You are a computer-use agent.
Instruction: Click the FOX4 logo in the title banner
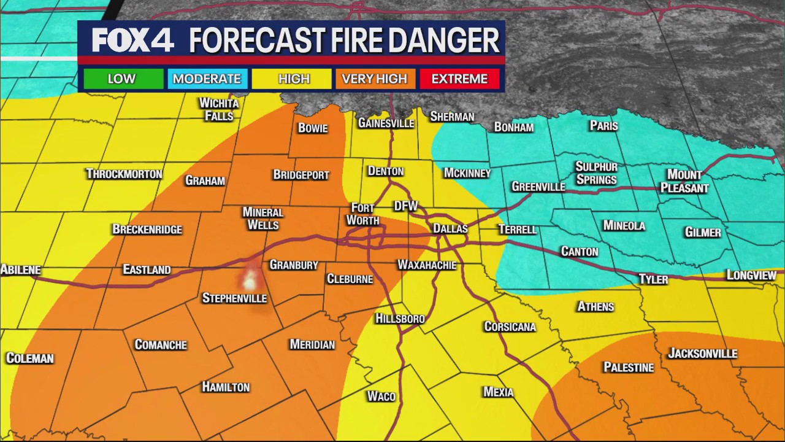pyautogui.click(x=132, y=41)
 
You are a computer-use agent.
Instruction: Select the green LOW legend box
pyautogui.click(x=121, y=79)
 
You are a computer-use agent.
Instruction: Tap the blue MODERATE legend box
pyautogui.click(x=207, y=79)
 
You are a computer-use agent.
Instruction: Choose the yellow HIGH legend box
pyautogui.click(x=294, y=79)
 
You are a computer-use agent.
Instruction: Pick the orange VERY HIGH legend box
pyautogui.click(x=374, y=79)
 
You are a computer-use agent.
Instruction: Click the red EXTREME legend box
pyautogui.click(x=459, y=79)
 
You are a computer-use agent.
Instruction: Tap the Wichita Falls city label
pyautogui.click(x=219, y=109)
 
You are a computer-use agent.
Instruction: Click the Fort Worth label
pyautogui.click(x=362, y=214)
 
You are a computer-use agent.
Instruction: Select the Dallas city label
pyautogui.click(x=450, y=228)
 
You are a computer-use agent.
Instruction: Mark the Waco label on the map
pyautogui.click(x=381, y=397)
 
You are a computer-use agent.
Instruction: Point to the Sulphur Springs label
pyautogui.click(x=596, y=173)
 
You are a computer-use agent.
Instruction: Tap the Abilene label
pyautogui.click(x=21, y=269)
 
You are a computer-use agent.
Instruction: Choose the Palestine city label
pyautogui.click(x=629, y=367)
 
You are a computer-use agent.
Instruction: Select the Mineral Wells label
pyautogui.click(x=262, y=218)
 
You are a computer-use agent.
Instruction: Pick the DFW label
pyautogui.click(x=405, y=207)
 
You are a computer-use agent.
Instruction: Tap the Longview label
pyautogui.click(x=751, y=275)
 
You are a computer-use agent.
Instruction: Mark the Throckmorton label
pyautogui.click(x=124, y=174)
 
